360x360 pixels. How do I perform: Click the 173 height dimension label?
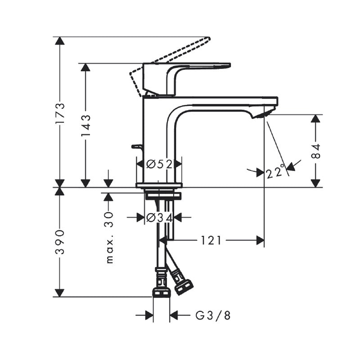click(x=60, y=113)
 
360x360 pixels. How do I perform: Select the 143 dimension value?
click(x=86, y=126)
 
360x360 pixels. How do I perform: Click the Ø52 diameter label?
click(x=159, y=164)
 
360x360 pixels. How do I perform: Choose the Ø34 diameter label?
click(x=159, y=217)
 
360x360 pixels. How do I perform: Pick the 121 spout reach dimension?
click(x=211, y=240)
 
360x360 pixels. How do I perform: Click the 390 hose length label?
click(x=60, y=241)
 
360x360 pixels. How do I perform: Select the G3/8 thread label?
click(x=213, y=315)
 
